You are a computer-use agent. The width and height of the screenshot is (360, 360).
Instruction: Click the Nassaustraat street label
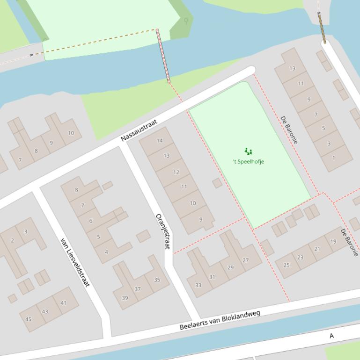tap(139, 130)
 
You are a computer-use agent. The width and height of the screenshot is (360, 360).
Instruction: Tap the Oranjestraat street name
tap(163, 231)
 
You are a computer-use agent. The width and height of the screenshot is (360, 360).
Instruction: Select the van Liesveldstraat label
tap(74, 262)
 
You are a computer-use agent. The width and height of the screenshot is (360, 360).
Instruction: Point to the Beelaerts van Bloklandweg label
tap(220, 320)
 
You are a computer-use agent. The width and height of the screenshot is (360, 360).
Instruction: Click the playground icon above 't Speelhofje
tap(248, 151)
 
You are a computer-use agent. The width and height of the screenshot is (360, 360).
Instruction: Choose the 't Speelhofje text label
tap(248, 162)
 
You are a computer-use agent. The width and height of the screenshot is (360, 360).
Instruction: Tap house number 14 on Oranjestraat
tap(160, 141)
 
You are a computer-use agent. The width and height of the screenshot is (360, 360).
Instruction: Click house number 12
tap(176, 173)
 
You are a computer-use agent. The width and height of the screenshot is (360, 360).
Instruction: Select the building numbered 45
tap(29, 319)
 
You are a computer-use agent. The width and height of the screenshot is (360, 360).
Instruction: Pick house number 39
tap(125, 298)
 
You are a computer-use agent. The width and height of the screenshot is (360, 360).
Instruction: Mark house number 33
tap(198, 285)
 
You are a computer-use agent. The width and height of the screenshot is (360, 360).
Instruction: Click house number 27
tap(246, 260)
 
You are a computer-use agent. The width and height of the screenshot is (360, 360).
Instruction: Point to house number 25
tap(287, 265)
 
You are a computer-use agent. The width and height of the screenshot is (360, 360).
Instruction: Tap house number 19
tap(333, 242)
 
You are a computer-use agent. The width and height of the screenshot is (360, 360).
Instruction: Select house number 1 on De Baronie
tap(334, 158)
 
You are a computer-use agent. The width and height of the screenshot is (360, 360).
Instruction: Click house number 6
tap(91, 221)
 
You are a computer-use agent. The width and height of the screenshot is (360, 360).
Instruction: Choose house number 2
tap(13, 241)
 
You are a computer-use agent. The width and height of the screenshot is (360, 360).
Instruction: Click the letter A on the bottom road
tap(331, 336)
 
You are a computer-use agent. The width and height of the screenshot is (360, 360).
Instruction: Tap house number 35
tap(157, 280)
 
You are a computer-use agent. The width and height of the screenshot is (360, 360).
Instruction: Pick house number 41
tap(63, 303)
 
